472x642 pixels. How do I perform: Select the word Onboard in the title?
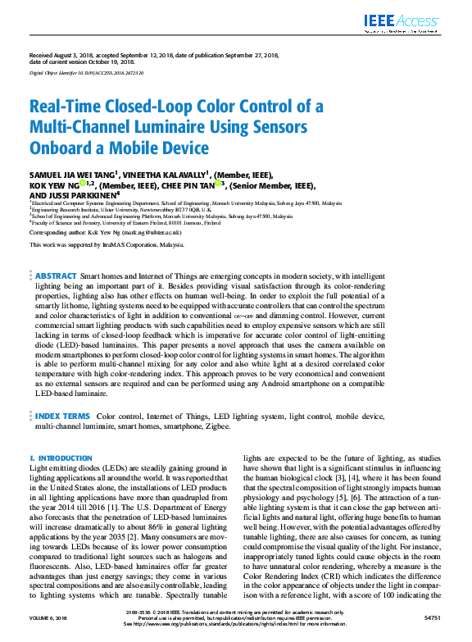60,148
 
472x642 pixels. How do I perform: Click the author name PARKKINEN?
91,196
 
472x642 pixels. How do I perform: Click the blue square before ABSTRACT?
32,276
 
